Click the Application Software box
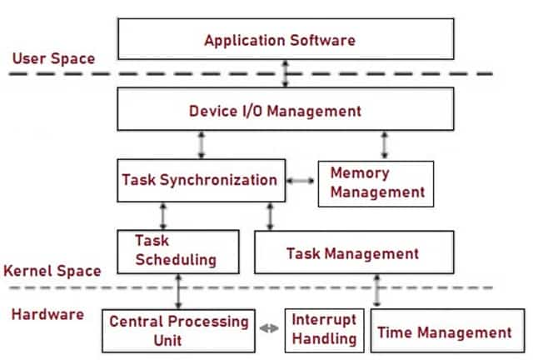286,39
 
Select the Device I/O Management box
286,109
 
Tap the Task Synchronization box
202,181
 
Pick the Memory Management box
376,183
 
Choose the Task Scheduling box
178,252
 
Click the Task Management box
354,252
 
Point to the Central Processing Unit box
178,331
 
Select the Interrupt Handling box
324,330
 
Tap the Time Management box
447,331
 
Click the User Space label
53,58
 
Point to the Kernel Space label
52,271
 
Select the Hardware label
47,314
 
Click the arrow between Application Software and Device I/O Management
286,74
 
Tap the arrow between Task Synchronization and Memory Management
301,181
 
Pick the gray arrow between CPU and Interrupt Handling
269,328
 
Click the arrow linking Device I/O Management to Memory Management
385,145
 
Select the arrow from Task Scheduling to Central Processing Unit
178,292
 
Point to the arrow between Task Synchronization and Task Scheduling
163,217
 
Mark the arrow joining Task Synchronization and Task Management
270,217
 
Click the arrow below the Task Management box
376,291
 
